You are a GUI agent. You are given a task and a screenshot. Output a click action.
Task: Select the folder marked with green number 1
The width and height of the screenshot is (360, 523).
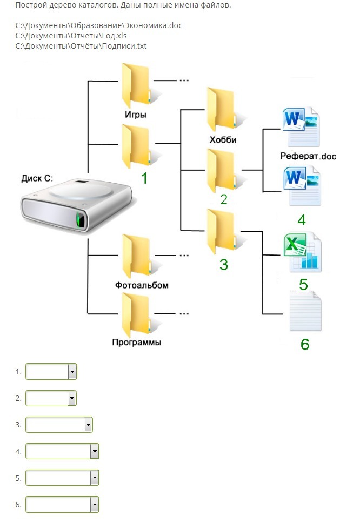tap(136, 146)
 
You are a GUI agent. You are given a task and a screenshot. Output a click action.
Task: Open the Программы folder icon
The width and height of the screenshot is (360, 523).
tap(136, 313)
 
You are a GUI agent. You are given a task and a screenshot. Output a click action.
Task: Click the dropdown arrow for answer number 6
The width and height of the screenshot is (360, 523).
tap(95, 505)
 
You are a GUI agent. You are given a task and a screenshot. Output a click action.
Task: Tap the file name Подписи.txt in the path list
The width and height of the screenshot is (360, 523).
tap(125, 46)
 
